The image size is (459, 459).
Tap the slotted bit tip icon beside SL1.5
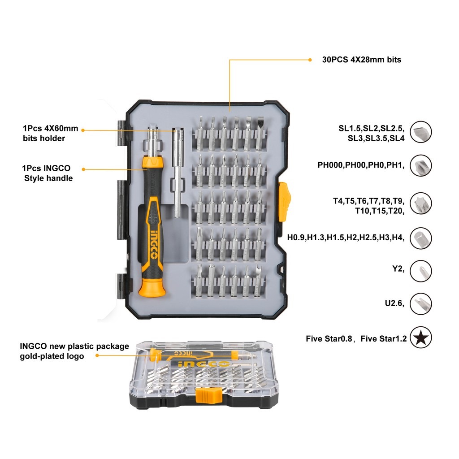[421, 132]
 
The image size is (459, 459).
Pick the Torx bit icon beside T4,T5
[421, 203]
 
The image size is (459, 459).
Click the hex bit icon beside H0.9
[421, 238]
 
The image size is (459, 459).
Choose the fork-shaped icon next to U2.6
[421, 303]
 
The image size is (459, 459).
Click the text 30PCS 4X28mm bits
[361, 60]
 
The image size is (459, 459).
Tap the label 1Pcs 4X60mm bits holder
[50, 134]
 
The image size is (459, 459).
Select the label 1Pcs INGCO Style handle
[48, 173]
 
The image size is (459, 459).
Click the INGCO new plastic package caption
[74, 351]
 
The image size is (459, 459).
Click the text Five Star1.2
[383, 339]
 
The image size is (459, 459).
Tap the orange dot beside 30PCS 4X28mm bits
[310, 60]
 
